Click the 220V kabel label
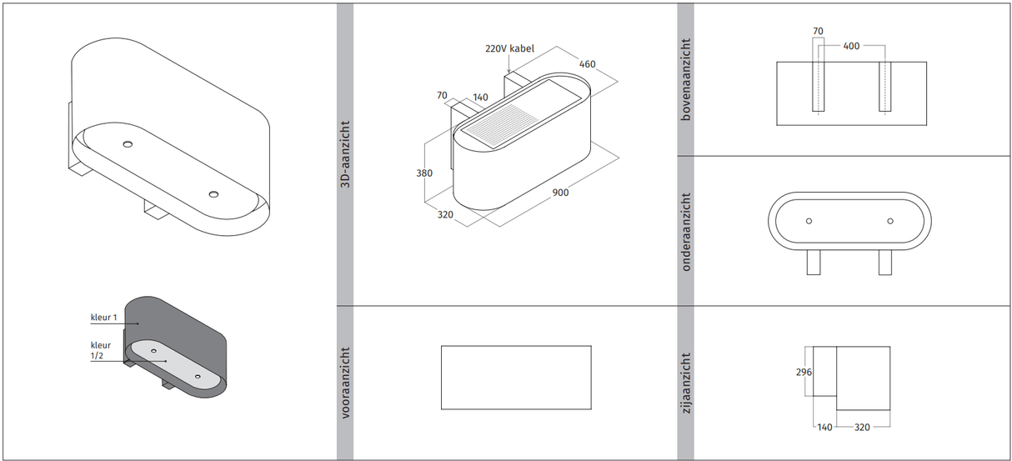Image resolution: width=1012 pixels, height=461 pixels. (x=509, y=48)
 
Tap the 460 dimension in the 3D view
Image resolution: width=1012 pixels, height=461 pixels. (x=588, y=64)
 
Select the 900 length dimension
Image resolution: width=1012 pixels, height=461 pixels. (x=560, y=193)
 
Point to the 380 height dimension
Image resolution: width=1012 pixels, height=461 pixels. (x=424, y=173)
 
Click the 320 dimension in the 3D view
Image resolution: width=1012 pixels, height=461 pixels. (x=445, y=215)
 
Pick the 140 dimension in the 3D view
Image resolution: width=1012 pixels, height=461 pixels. (x=480, y=98)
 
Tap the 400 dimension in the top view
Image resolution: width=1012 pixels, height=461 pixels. (x=851, y=46)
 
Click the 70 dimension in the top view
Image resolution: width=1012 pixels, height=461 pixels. (x=818, y=31)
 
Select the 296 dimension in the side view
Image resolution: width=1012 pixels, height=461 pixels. (x=804, y=372)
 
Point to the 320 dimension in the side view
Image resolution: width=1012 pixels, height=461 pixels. (x=862, y=427)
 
